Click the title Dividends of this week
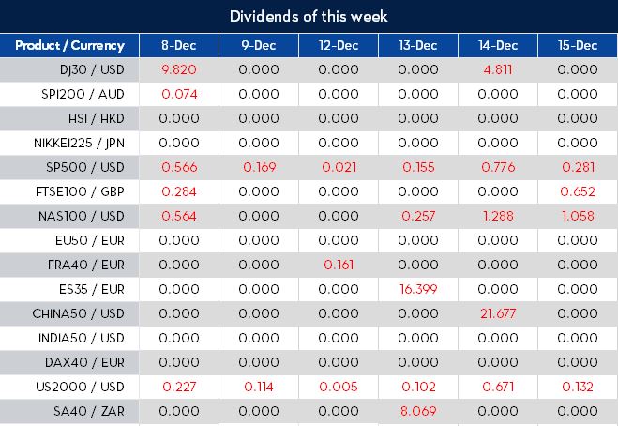point(309,16)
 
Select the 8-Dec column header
point(179,45)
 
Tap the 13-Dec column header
point(417,45)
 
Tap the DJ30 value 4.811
point(497,69)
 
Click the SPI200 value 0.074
point(178,94)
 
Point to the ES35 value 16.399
point(417,288)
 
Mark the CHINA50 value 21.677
point(497,312)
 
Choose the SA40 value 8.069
point(417,410)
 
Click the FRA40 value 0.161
point(338,264)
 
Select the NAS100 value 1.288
point(497,215)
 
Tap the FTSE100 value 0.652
point(577,191)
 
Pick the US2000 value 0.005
point(338,386)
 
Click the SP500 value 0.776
point(497,167)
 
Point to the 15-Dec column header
point(577,45)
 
